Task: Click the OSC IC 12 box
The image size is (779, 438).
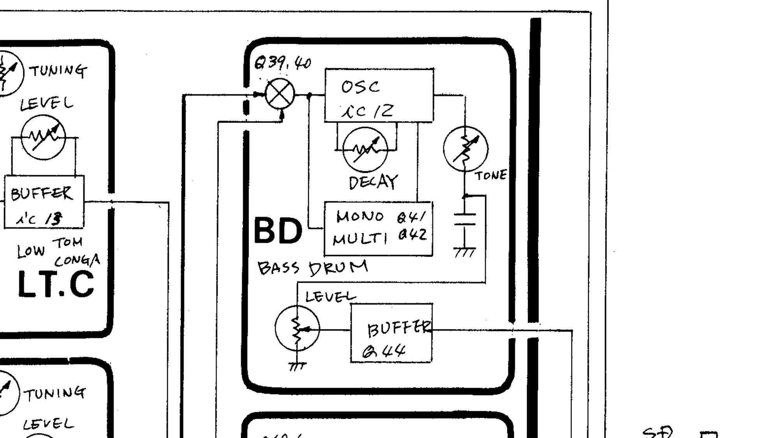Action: pyautogui.click(x=379, y=95)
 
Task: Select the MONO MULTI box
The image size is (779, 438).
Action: pyautogui.click(x=378, y=229)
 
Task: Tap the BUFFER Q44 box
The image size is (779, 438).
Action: pyautogui.click(x=391, y=333)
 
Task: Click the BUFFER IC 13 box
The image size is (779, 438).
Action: pyautogui.click(x=44, y=202)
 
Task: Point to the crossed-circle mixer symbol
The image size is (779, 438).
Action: pyautogui.click(x=280, y=94)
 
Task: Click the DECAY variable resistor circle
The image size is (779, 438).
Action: pyautogui.click(x=365, y=150)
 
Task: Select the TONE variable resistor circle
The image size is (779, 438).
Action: pyautogui.click(x=465, y=149)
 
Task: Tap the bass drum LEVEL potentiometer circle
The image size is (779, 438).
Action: pyautogui.click(x=297, y=328)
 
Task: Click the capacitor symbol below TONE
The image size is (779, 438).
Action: pyautogui.click(x=465, y=219)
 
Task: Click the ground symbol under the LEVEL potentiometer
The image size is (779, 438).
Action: pyautogui.click(x=297, y=366)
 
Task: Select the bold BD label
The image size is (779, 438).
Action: pyautogui.click(x=278, y=230)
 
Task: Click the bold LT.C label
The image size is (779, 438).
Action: pyautogui.click(x=56, y=285)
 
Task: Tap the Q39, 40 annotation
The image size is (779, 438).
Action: pyautogui.click(x=282, y=62)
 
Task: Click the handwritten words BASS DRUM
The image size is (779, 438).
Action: pyautogui.click(x=312, y=268)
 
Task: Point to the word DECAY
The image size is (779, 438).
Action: pyautogui.click(x=373, y=182)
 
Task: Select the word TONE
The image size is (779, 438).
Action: pyautogui.click(x=491, y=176)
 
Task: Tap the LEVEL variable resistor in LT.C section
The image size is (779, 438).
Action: pyautogui.click(x=43, y=137)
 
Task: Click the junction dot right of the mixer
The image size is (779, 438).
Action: pyautogui.click(x=309, y=95)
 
